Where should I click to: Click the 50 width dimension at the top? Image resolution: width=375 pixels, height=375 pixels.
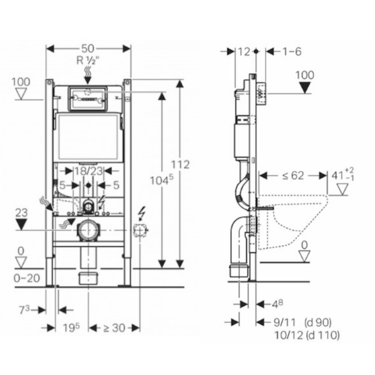pos(88,49)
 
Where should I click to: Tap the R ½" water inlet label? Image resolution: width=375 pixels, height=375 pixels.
pos(88,60)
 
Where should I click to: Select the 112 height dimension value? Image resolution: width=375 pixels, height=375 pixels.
pos(180,165)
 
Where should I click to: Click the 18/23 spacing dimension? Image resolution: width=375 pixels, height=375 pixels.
pos(88,171)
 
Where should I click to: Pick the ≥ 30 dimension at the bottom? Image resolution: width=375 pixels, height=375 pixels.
pos(115,328)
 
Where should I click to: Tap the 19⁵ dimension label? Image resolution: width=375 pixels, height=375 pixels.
pos(71,327)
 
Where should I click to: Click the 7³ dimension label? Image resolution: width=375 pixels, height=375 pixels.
pos(24,310)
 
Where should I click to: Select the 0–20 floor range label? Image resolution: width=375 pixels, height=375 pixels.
pos(27,278)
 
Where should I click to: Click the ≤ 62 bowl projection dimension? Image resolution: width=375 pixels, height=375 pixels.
pos(293,175)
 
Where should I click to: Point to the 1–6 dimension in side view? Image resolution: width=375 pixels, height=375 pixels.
pos(292,52)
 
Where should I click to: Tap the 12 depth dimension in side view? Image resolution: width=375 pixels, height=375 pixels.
pos(244,52)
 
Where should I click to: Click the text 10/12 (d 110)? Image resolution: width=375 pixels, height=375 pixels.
pos(307,335)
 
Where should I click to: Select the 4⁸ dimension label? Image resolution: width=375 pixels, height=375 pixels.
pos(277,304)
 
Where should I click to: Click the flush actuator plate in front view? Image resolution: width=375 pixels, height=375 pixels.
pos(88,99)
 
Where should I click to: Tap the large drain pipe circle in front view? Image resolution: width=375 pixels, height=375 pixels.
pos(88,230)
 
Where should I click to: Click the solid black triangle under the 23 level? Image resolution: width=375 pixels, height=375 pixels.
pos(21,225)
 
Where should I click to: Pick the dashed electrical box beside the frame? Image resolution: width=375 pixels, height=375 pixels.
pos(141,230)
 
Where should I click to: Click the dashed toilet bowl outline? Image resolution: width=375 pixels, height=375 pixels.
pos(292,222)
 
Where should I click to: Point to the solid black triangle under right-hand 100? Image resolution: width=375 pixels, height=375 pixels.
pos(305,87)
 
